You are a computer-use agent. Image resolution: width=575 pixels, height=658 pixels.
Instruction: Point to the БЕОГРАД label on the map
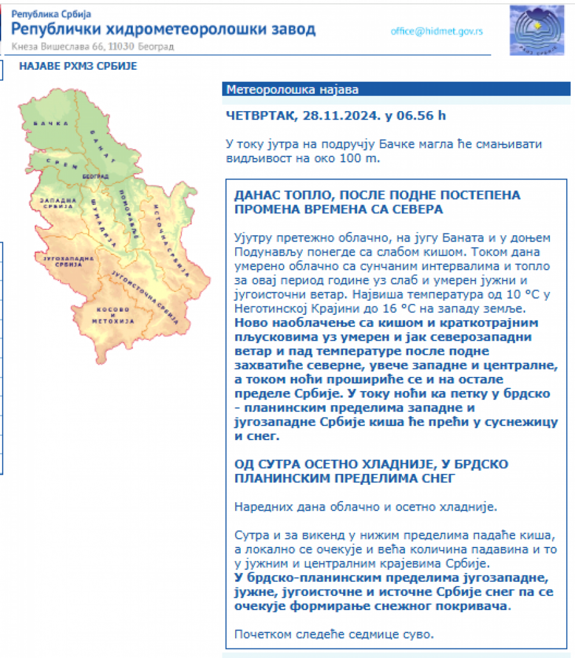[x=95, y=176]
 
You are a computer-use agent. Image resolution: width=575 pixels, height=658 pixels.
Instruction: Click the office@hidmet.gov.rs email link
[x=437, y=31]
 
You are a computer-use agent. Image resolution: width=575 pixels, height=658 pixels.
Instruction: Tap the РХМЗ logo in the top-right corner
[x=537, y=31]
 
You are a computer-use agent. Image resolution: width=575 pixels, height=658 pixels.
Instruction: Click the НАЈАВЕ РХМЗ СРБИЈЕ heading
[x=78, y=66]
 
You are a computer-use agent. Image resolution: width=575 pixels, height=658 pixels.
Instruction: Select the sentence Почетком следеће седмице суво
[x=333, y=634]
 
